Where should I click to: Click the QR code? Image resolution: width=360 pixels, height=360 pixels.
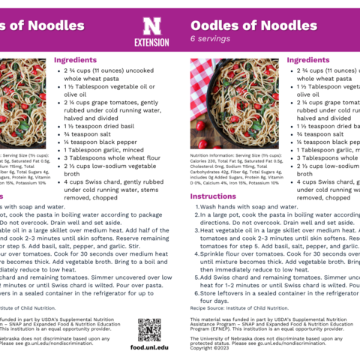pyautogui.click(x=149, y=329)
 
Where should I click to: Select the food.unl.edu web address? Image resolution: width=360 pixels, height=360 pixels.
pyautogui.click(x=149, y=348)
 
